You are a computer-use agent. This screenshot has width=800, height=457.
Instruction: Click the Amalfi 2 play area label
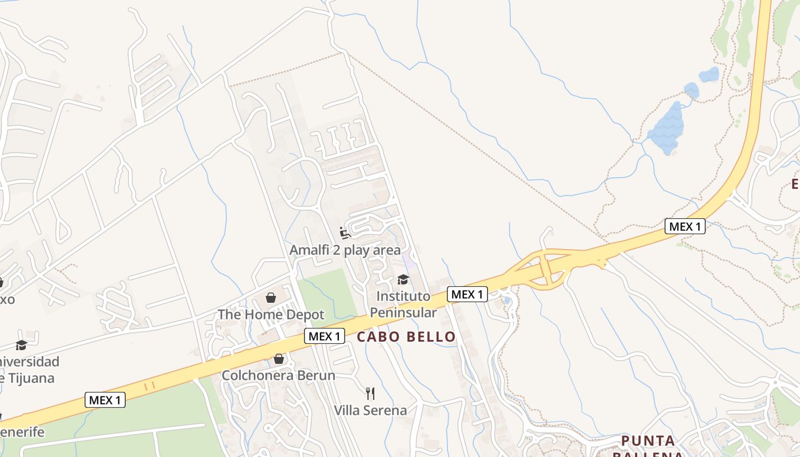(x=345, y=250)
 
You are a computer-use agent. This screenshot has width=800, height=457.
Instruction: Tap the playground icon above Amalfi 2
(x=345, y=232)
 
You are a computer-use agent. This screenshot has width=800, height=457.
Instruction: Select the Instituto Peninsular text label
(x=403, y=304)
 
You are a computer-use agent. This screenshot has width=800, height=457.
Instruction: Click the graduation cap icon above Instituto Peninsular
(x=403, y=279)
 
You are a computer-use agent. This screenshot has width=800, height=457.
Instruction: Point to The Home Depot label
(x=271, y=315)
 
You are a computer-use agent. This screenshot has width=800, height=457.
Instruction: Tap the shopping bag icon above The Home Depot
(x=271, y=298)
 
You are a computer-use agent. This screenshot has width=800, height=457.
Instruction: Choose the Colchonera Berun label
(x=278, y=375)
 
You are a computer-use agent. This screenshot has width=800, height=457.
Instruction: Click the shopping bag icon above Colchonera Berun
(x=279, y=359)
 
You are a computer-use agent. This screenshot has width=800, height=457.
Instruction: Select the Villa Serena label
(x=370, y=410)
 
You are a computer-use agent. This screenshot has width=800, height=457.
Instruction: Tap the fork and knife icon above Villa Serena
(x=370, y=393)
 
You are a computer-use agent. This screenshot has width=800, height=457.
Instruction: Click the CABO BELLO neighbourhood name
(x=406, y=337)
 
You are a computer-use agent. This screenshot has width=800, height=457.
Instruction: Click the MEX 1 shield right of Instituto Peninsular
(x=467, y=294)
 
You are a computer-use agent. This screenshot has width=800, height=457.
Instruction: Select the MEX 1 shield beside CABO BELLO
(x=324, y=336)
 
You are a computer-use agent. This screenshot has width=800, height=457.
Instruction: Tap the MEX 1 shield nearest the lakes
(x=685, y=226)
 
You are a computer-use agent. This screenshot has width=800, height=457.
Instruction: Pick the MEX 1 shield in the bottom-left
(x=105, y=400)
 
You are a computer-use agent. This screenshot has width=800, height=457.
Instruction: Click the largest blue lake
(x=666, y=130)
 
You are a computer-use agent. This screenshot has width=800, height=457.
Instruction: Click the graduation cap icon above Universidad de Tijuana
(x=21, y=345)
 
